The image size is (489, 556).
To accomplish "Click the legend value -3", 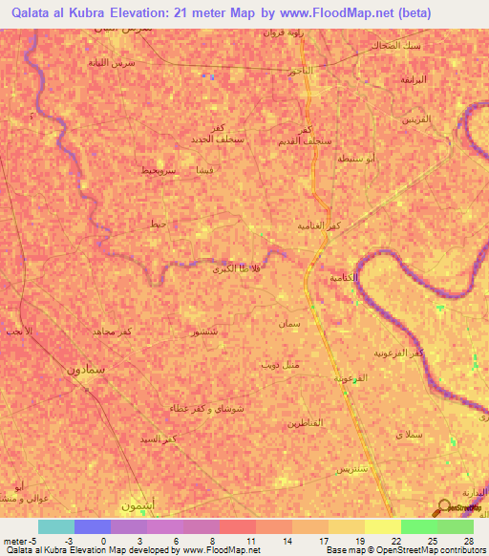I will tap(73, 541).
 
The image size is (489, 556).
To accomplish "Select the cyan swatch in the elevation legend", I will tap(55, 526).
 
